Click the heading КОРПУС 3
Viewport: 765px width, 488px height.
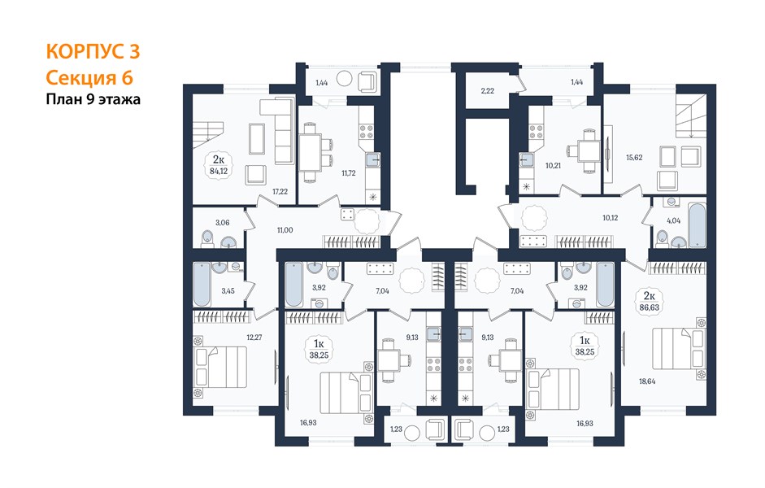[x=93, y=51]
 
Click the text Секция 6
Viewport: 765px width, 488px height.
[x=89, y=77]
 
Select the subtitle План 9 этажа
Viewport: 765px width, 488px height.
[x=93, y=99]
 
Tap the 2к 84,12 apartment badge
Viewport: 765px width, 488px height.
[x=219, y=165]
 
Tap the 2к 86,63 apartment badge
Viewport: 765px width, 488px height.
[x=649, y=301]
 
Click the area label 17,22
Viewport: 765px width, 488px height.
[x=280, y=192]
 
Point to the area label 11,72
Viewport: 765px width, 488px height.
[x=348, y=172]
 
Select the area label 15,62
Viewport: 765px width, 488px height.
[x=634, y=158]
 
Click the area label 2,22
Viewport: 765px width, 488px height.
[x=488, y=91]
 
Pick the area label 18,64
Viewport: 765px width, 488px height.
[x=647, y=381]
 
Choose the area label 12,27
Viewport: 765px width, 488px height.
[x=254, y=337]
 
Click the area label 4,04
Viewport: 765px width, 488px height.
[x=673, y=220]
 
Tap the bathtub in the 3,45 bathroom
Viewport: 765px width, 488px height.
[x=202, y=285]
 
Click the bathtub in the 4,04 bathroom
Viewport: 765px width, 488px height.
[x=698, y=225]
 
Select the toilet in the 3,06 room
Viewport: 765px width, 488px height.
[x=208, y=239]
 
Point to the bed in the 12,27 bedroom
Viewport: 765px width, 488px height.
[x=220, y=367]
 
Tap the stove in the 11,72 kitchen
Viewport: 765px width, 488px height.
[x=367, y=131]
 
